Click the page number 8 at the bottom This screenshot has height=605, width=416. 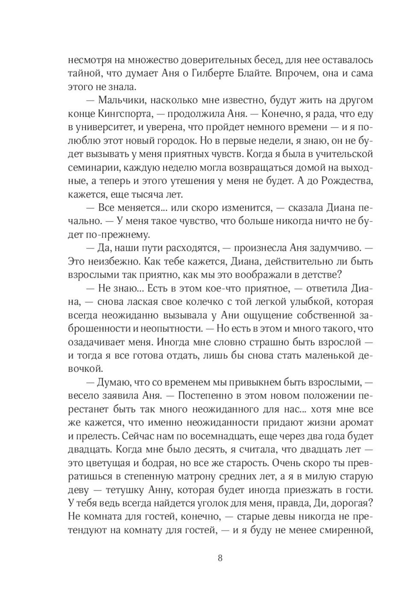coord(220,558)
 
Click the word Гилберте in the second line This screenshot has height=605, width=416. coord(242,73)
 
